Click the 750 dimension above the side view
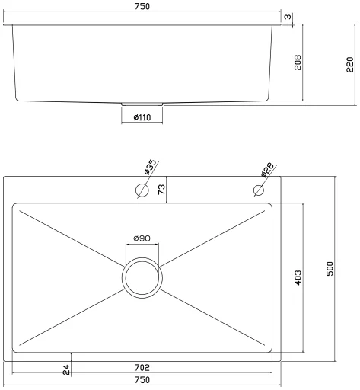point(142,6)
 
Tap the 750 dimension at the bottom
point(142,380)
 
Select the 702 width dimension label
point(142,367)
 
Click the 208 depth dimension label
point(298,62)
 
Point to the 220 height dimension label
point(349,65)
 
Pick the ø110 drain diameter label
point(142,117)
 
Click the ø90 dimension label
point(142,238)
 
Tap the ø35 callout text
point(150,167)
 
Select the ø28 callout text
point(267,169)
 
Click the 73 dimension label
point(161,190)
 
